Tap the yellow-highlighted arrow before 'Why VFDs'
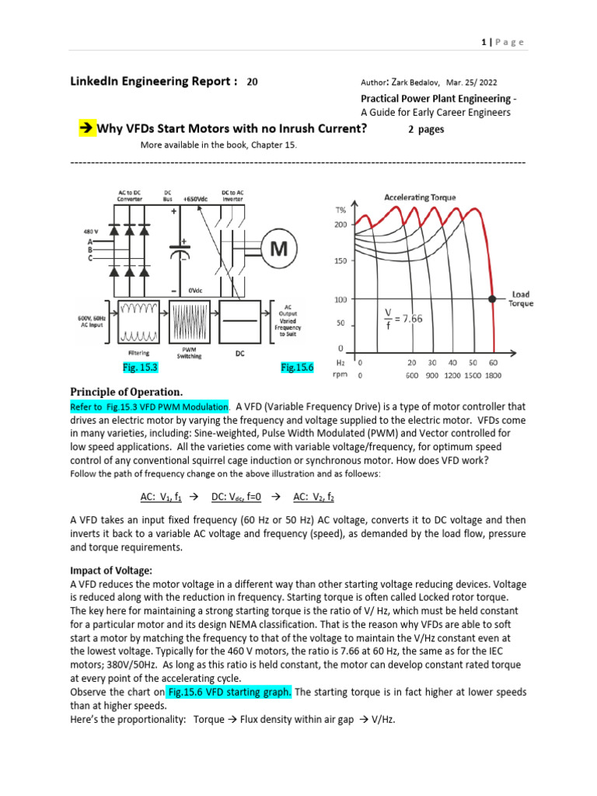tap(86, 128)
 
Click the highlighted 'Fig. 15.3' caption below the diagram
tap(141, 366)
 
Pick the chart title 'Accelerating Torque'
tap(421, 197)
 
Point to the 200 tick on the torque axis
tap(340, 225)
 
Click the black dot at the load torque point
tap(491, 298)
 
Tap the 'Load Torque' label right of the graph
tap(521, 299)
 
